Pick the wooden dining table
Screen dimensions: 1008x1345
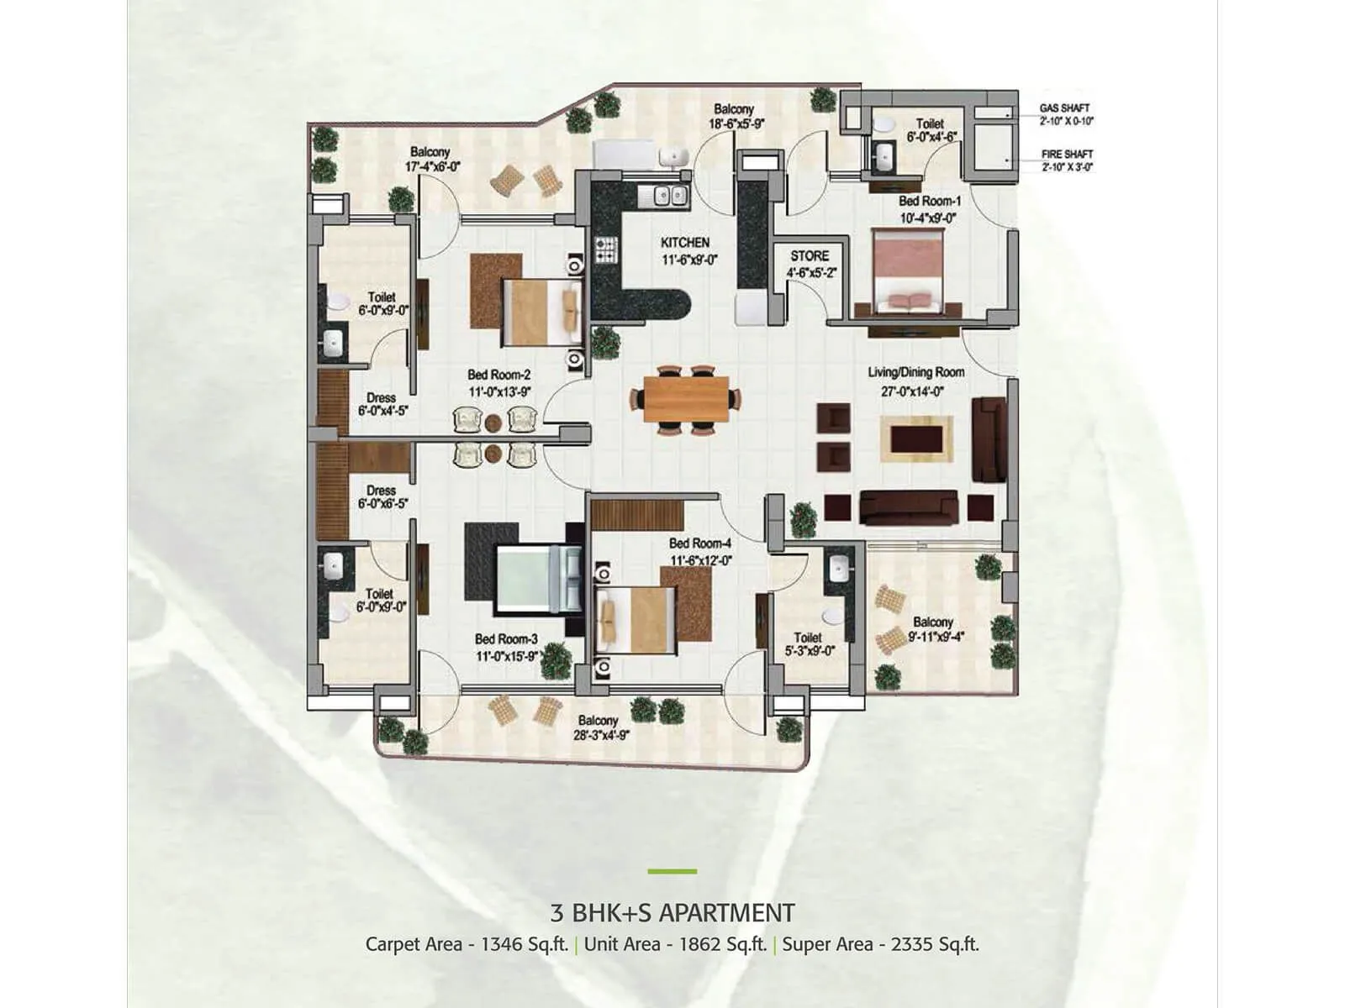686,399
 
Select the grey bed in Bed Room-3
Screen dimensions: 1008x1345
538,580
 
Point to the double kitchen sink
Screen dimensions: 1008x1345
663,197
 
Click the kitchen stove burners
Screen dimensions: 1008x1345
606,249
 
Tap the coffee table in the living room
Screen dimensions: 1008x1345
916,438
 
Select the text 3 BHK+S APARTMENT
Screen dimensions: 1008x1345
672,912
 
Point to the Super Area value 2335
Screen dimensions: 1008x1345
912,944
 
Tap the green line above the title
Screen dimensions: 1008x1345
672,871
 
